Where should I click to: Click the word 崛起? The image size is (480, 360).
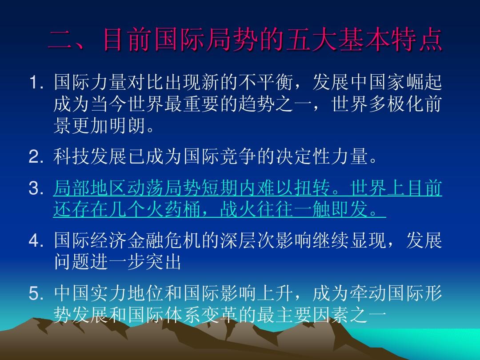click(x=424, y=82)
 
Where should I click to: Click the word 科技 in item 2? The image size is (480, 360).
click(x=72, y=156)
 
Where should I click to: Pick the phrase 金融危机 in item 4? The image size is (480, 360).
click(x=164, y=240)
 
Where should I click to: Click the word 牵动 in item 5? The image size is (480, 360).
click(x=368, y=293)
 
